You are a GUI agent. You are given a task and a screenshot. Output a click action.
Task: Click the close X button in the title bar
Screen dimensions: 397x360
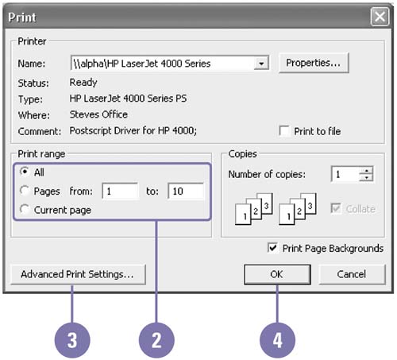pos(380,17)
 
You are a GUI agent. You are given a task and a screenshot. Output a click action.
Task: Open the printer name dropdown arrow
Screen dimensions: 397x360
pos(261,64)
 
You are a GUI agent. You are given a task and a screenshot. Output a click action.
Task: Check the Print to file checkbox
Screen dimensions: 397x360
pos(284,131)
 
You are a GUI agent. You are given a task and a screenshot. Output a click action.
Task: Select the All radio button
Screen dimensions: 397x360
pos(25,172)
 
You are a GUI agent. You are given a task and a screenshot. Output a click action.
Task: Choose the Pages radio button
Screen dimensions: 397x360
pos(25,191)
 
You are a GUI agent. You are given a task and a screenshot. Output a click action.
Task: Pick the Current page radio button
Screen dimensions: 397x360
pos(25,209)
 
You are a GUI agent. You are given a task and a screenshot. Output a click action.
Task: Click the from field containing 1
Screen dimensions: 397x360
pos(120,191)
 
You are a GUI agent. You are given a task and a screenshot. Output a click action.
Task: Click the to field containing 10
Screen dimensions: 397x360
pos(186,191)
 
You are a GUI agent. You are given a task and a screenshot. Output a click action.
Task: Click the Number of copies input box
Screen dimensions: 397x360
pos(345,174)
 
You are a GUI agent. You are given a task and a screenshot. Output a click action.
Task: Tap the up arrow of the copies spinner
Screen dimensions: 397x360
pos(366,170)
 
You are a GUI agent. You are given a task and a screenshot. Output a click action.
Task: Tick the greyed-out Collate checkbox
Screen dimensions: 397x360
pos(336,208)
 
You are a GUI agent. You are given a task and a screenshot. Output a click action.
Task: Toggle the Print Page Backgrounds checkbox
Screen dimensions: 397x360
pos(273,248)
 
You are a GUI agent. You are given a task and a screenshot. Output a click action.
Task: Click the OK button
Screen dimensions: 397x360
pos(277,274)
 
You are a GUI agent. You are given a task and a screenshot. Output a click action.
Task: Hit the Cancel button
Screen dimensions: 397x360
pos(352,274)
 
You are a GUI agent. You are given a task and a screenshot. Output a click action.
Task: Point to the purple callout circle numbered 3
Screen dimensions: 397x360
pos(72,340)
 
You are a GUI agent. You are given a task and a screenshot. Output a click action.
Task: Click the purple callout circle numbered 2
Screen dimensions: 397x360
pos(156,340)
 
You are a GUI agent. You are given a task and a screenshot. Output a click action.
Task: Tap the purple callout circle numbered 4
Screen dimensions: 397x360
pos(277,340)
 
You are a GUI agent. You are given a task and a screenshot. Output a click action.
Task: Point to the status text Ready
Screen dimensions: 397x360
pos(83,83)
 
